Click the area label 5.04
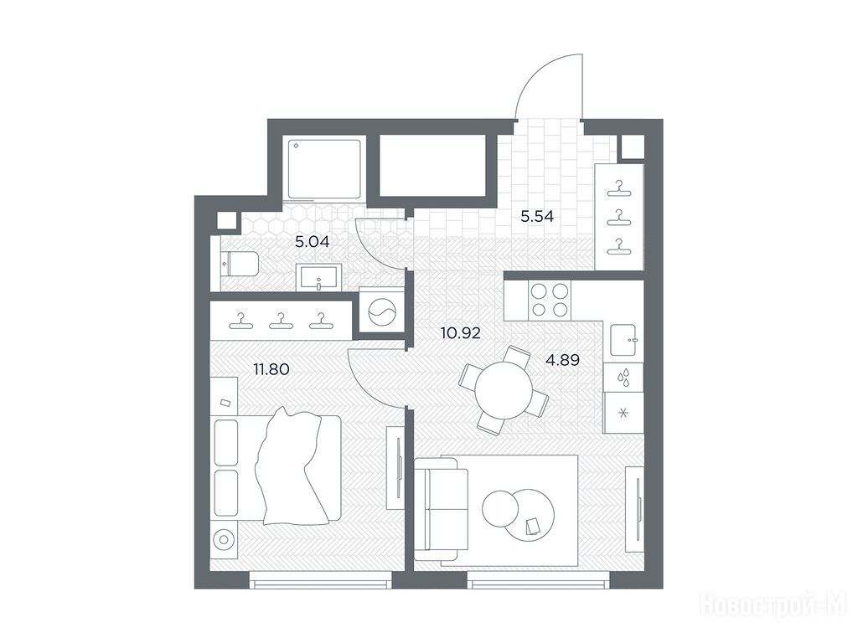pyautogui.click(x=312, y=241)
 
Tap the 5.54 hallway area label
pyautogui.click(x=537, y=216)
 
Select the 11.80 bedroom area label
pyautogui.click(x=271, y=369)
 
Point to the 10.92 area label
pyautogui.click(x=461, y=332)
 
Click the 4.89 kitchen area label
pyautogui.click(x=562, y=359)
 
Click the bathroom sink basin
pyautogui.click(x=318, y=277)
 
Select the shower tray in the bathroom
pyautogui.click(x=324, y=168)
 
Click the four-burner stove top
pyautogui.click(x=550, y=300)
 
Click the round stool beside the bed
pyautogui.click(x=224, y=541)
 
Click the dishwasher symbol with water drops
pyautogui.click(x=623, y=378)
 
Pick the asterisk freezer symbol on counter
pyautogui.click(x=623, y=413)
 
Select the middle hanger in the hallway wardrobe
pyautogui.click(x=619, y=217)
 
